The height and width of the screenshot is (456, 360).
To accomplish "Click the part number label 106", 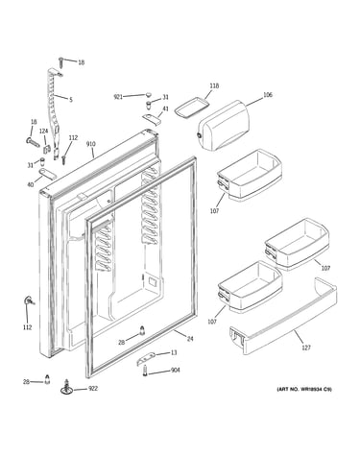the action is click(x=268, y=95).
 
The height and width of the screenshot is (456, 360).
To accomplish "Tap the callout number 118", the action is click(x=214, y=85).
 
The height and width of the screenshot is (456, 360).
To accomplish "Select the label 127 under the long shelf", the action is click(x=306, y=348).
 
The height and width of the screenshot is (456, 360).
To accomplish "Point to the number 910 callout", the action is click(x=91, y=144).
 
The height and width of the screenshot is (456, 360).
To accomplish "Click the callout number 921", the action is click(x=118, y=97).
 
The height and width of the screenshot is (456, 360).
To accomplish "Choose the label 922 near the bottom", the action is click(x=93, y=389).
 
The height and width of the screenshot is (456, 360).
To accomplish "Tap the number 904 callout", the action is click(x=175, y=371).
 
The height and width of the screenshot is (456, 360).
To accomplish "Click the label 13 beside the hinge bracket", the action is click(x=173, y=352).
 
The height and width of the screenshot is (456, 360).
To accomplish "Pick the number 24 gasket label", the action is click(x=190, y=339).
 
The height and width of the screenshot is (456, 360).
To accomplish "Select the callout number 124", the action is click(x=43, y=132).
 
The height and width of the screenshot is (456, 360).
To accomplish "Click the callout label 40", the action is click(x=31, y=184).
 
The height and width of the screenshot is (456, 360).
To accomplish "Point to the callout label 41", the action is click(x=165, y=108).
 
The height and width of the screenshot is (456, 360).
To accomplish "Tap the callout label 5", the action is click(x=71, y=100).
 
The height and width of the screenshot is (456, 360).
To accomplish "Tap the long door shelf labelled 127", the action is click(x=283, y=316).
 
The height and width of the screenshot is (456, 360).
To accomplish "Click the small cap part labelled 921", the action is click(x=148, y=94).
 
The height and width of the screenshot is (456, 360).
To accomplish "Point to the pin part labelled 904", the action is click(x=145, y=372).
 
